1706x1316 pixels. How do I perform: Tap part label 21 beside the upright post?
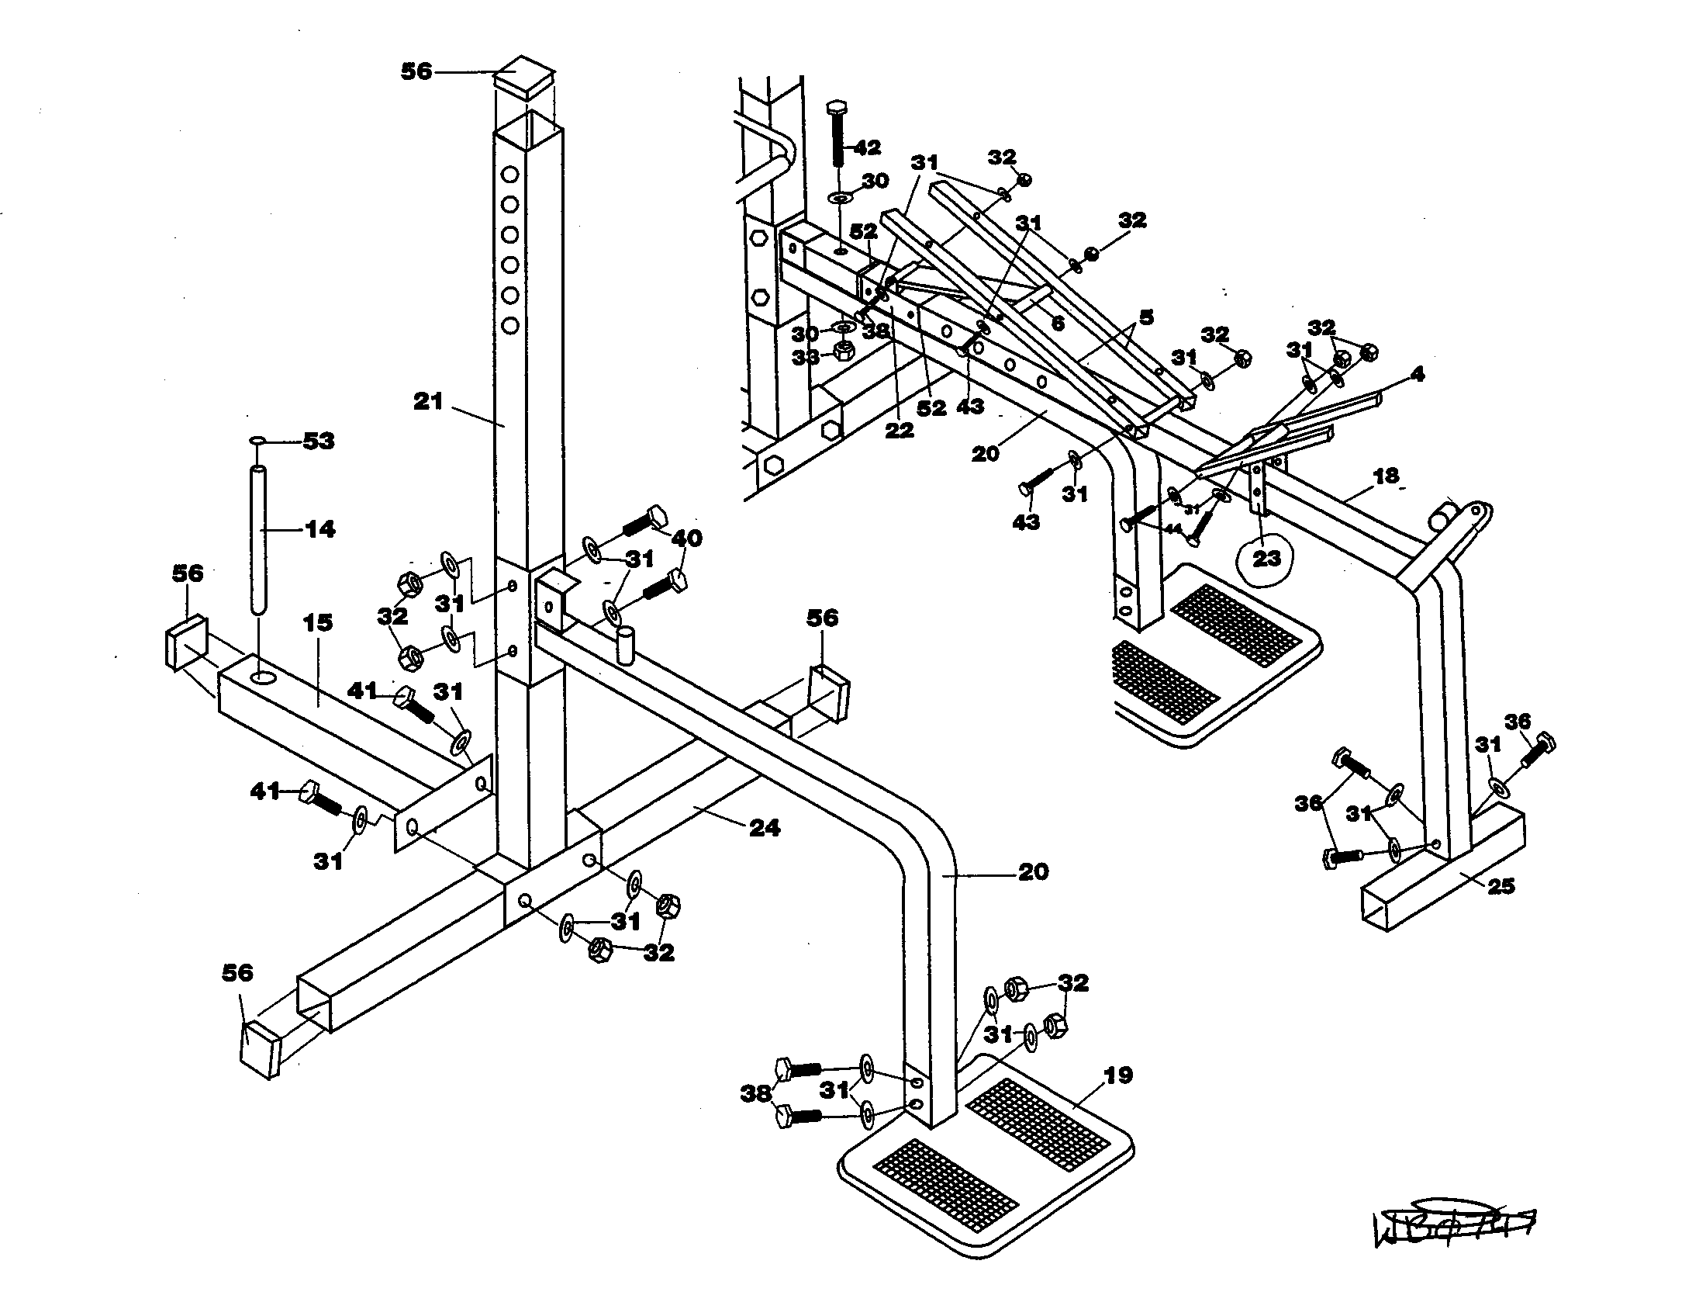click(x=428, y=402)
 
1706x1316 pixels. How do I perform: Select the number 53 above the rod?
click(x=318, y=442)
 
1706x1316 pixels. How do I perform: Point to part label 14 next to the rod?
click(x=319, y=529)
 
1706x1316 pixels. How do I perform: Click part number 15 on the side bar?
click(x=316, y=623)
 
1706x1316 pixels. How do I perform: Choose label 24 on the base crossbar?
click(x=764, y=828)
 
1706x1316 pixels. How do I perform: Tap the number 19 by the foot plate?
click(x=1117, y=1075)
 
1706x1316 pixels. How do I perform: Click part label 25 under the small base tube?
click(x=1501, y=885)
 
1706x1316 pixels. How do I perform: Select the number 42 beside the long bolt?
click(x=866, y=147)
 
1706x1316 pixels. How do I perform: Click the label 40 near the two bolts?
click(x=686, y=538)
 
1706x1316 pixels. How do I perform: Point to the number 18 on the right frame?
click(x=1386, y=476)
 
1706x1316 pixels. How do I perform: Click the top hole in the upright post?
click(x=510, y=173)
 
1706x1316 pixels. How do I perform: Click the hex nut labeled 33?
click(x=843, y=349)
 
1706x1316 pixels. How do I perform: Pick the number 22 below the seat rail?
click(x=899, y=431)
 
